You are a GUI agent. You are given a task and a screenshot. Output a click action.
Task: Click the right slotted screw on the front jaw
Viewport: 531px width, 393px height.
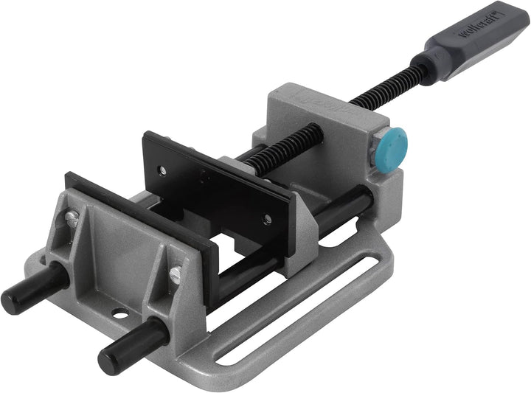pyautogui.click(x=175, y=275)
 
